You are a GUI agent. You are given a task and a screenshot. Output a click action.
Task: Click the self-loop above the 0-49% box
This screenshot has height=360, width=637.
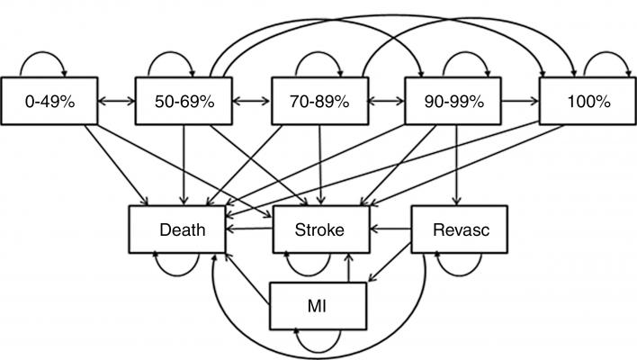click(41, 61)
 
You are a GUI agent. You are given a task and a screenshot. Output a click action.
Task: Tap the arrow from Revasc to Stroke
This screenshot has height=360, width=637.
click(390, 229)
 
